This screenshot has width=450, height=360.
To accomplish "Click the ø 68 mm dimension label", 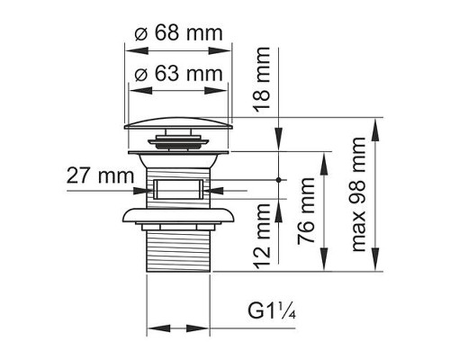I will click(176, 34).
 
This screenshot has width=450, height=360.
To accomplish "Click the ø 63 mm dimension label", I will click(176, 75).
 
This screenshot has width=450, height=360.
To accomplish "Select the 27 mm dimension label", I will click(94, 175).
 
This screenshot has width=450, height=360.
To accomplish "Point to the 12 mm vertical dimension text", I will click(263, 238).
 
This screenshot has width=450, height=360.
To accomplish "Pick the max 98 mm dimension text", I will click(361, 194).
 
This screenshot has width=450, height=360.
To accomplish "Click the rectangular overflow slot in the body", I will click(176, 190).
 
